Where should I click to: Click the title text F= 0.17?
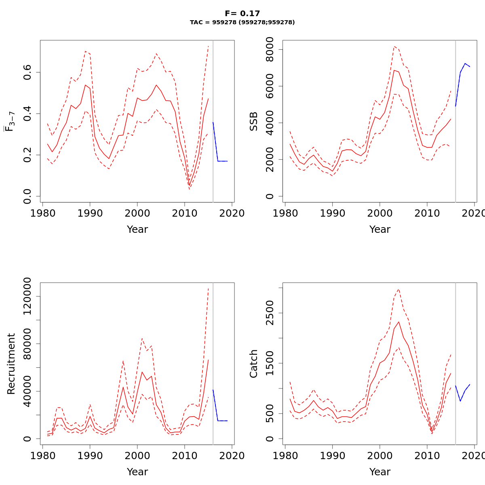coord(242,14)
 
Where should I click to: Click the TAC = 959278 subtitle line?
coord(242,23)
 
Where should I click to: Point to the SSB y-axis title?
coord(254,122)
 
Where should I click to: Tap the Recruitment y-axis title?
coord(11,364)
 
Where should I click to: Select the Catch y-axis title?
coord(254,364)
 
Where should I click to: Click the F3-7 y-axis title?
coord(10,122)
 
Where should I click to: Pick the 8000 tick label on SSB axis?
coord(270,50)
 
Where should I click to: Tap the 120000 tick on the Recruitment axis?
coord(28,297)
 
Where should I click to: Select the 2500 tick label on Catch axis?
coord(270,313)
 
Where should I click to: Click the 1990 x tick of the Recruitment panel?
coord(90,456)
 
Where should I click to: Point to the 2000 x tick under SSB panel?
coord(380,213)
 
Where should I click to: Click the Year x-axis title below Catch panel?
coord(380,472)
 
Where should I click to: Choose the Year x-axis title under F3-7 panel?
coord(137,229)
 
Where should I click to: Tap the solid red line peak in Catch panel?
coord(399,322)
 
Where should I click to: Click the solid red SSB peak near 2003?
coord(394,70)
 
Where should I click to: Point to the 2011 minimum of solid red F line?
coord(189,186)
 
